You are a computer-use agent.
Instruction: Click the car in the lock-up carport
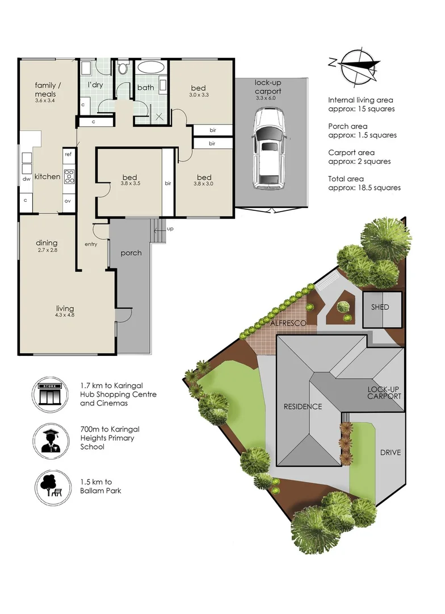(268, 149)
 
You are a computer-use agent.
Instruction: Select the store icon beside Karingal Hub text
(50, 395)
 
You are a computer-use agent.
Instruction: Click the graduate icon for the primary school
(51, 441)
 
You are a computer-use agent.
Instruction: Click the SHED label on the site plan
(380, 307)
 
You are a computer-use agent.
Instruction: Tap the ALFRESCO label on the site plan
(288, 323)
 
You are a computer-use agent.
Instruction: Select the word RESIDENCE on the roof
(303, 406)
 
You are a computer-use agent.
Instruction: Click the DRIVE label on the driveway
(391, 453)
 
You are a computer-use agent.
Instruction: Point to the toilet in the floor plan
(124, 68)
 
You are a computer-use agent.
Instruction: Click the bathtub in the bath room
(151, 67)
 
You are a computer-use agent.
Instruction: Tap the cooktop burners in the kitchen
(69, 176)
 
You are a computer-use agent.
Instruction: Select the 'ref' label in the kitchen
(69, 154)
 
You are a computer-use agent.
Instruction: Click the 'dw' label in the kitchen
(26, 179)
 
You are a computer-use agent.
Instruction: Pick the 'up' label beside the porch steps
(170, 229)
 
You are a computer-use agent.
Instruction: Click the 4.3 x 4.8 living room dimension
(65, 315)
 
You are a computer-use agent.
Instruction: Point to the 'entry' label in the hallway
(91, 244)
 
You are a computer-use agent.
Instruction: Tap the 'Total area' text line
(346, 179)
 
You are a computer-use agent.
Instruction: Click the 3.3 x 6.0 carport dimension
(266, 98)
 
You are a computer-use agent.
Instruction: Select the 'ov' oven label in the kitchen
(68, 201)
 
